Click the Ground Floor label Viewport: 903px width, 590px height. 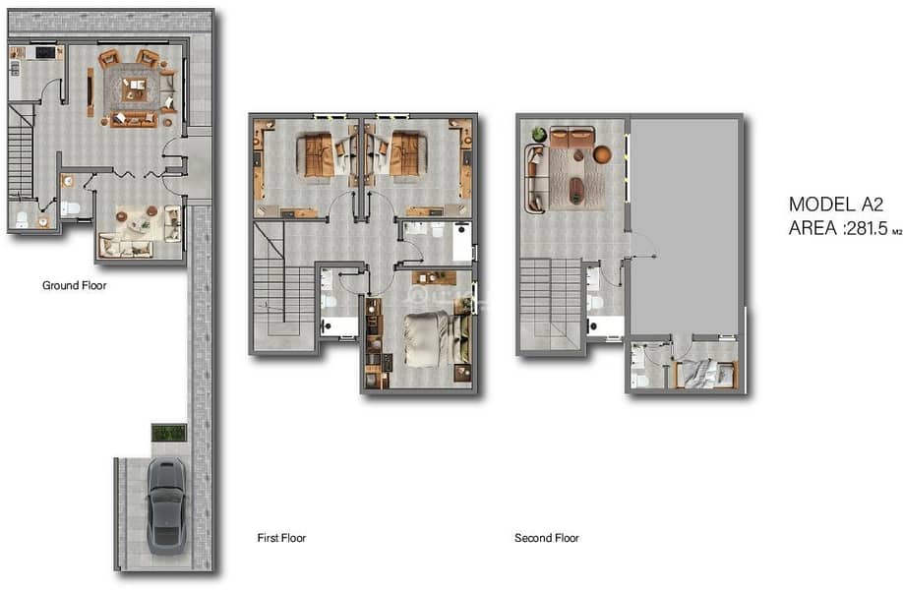(75, 285)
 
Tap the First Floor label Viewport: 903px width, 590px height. (281, 538)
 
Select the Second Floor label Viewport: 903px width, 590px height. (547, 538)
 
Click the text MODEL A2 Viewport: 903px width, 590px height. (836, 205)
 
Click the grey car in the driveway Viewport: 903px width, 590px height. (166, 506)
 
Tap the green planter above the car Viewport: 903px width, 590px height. (169, 433)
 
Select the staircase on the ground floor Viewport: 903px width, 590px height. (22, 150)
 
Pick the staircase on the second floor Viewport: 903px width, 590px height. (551, 304)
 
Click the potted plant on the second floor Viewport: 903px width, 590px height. (538, 134)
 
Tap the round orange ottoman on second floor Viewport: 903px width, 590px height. (602, 154)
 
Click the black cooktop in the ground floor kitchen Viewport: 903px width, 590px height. (45, 53)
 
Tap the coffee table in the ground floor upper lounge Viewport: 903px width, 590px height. (134, 88)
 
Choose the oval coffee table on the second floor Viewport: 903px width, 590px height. (575, 190)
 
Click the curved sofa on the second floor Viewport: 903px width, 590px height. (535, 179)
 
